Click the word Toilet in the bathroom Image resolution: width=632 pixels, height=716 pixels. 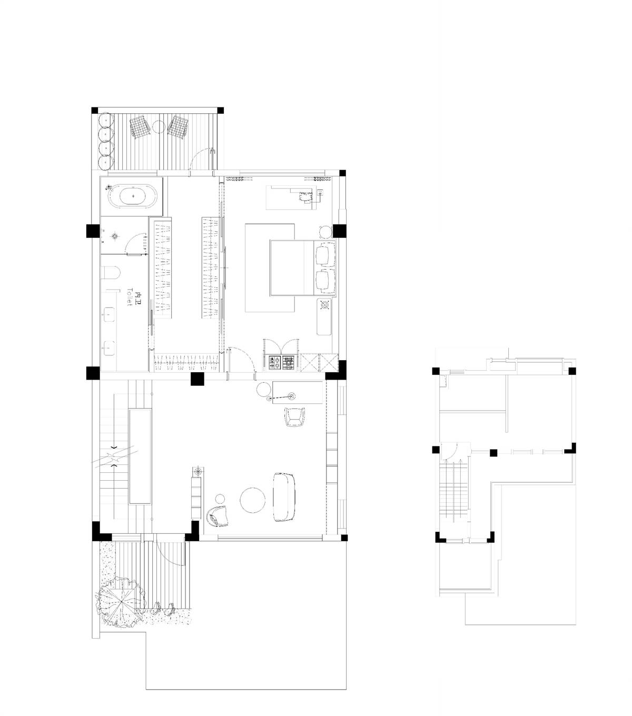click(130, 297)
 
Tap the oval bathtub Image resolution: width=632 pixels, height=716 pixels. click(133, 196)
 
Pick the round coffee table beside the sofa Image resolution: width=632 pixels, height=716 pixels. click(252, 500)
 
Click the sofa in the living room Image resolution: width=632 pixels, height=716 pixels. click(284, 496)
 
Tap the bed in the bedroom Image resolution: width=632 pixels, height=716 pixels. click(302, 267)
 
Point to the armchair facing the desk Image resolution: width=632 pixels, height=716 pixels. click(294, 417)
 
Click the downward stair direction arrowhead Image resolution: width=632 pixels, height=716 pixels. click(114, 448)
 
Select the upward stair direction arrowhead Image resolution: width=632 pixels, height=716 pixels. click(114, 466)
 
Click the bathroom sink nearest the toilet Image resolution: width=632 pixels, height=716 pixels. click(109, 313)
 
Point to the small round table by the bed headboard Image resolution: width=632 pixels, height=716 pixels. click(325, 232)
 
